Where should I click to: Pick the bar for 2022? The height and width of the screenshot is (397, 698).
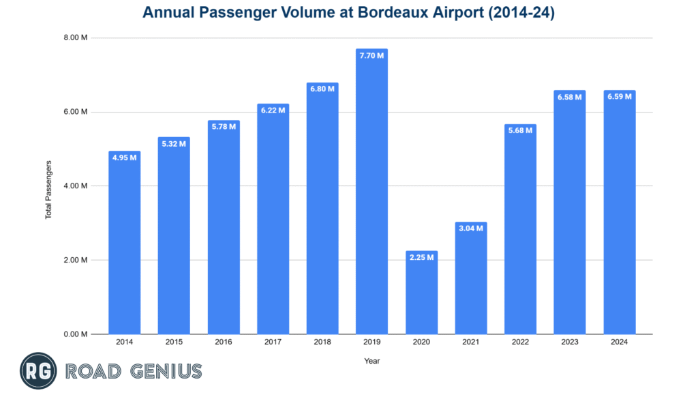(x=520, y=232)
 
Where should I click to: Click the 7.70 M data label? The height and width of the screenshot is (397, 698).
(x=371, y=55)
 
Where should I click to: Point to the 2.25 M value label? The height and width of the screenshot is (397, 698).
(x=421, y=257)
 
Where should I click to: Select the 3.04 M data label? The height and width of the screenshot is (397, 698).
(x=470, y=228)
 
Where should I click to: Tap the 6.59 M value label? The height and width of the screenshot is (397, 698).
(x=619, y=97)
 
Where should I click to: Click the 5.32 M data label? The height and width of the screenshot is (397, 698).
(x=174, y=143)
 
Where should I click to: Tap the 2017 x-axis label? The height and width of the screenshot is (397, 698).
(x=273, y=342)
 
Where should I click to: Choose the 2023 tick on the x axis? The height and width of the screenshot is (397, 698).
(x=570, y=342)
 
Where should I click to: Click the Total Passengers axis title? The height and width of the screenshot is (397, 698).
(x=48, y=190)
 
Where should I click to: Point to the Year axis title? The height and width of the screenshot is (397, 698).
(x=371, y=361)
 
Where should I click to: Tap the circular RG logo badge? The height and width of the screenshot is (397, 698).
(x=38, y=371)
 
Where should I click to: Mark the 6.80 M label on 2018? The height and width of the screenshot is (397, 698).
(x=322, y=89)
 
